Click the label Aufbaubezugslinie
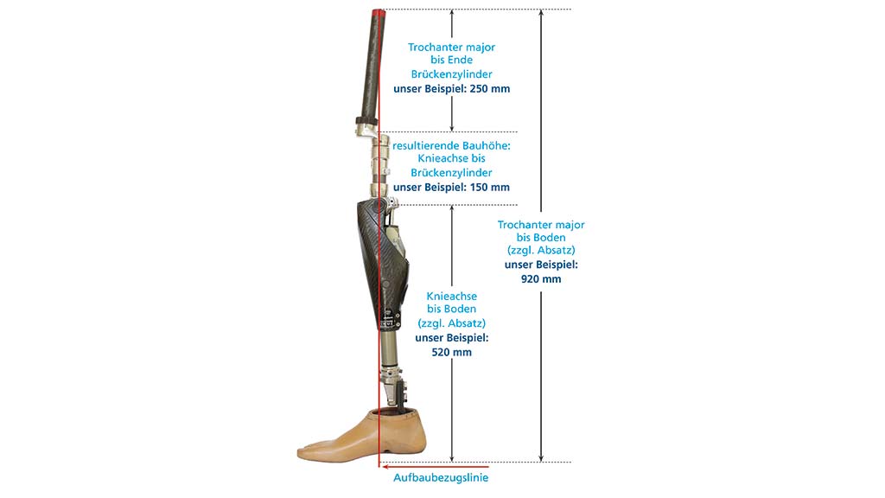[x=441, y=477]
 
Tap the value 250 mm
[x=490, y=89]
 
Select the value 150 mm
[x=490, y=187]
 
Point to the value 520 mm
[x=451, y=353]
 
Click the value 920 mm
[x=541, y=279]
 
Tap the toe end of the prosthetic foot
[x=300, y=452]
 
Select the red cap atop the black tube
[x=379, y=12]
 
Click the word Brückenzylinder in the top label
[x=451, y=74]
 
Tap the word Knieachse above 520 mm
[x=451, y=296]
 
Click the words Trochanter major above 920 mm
[x=541, y=225]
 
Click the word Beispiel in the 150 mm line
[x=446, y=187]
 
